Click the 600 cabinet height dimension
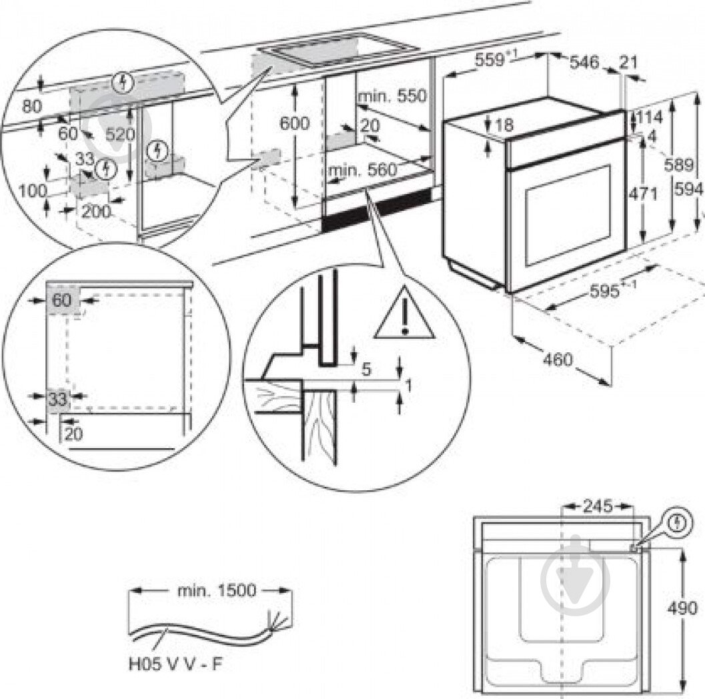[x=293, y=123]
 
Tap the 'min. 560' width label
[x=362, y=171]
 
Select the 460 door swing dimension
[x=557, y=360]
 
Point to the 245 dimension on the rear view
[x=597, y=506]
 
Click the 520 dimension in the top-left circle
[x=120, y=134]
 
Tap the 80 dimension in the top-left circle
[x=31, y=106]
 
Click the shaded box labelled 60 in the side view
[x=63, y=301]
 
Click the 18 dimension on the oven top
[x=505, y=124]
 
